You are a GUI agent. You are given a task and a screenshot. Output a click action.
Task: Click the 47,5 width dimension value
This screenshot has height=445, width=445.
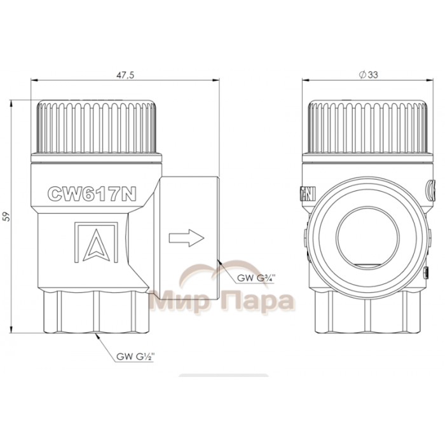(125, 75)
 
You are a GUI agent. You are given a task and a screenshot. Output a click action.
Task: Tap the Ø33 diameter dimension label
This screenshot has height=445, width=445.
(368, 74)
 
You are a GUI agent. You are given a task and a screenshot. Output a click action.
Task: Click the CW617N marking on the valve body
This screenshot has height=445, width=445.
(92, 194)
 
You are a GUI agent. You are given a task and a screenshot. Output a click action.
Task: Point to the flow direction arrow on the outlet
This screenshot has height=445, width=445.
(186, 238)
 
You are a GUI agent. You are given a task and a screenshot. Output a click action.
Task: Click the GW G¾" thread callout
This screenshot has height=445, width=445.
(256, 278)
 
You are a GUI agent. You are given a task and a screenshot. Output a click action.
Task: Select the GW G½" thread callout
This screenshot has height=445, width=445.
(135, 357)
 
